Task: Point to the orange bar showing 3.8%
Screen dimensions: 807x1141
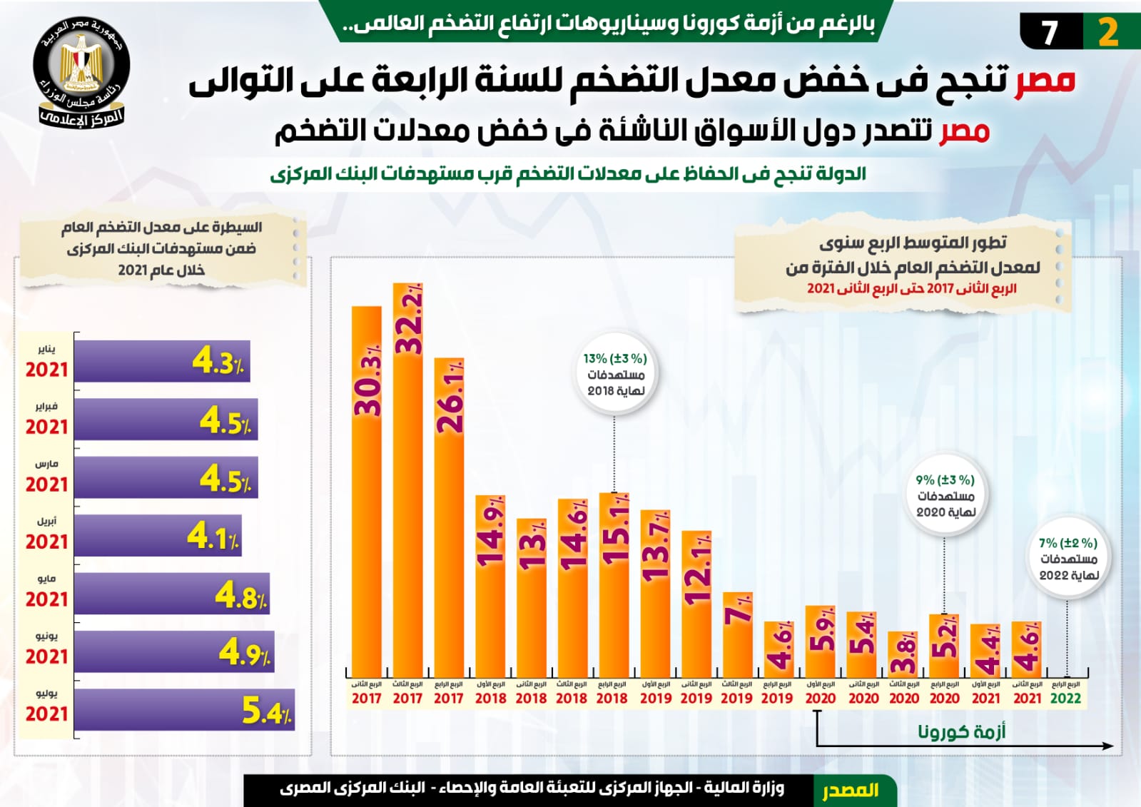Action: (x=903, y=654)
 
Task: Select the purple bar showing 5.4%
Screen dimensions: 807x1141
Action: (x=183, y=709)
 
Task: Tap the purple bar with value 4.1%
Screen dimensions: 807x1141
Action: (x=157, y=535)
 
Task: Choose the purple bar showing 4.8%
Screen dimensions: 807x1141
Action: (x=171, y=594)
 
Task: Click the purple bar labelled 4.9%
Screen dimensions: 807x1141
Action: (x=173, y=651)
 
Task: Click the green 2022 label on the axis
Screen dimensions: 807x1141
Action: (x=1065, y=699)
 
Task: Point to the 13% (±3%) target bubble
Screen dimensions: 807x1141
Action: (x=615, y=374)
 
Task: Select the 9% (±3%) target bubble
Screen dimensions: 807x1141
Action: (x=945, y=495)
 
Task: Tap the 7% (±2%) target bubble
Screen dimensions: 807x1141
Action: (x=1068, y=559)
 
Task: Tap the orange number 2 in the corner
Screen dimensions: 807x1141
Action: (x=1107, y=33)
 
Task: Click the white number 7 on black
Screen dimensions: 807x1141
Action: (x=1049, y=33)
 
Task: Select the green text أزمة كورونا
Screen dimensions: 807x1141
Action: (x=961, y=731)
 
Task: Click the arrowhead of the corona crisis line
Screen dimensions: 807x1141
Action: (x=1107, y=746)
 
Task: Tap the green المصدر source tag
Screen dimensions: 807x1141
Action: (x=851, y=791)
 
